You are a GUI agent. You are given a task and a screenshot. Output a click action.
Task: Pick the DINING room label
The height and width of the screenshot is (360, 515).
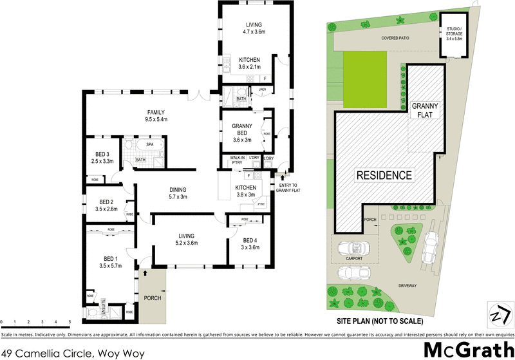(x=178, y=189)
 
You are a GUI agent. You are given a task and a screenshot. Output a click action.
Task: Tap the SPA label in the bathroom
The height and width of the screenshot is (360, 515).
(x=149, y=145)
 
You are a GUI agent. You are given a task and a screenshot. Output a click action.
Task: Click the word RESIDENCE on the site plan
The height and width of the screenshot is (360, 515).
(x=385, y=175)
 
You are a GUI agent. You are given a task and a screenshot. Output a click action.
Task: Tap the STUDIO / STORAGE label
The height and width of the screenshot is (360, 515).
(x=456, y=33)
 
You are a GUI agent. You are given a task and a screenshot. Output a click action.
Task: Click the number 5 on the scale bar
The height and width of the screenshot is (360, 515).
(x=69, y=321)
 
